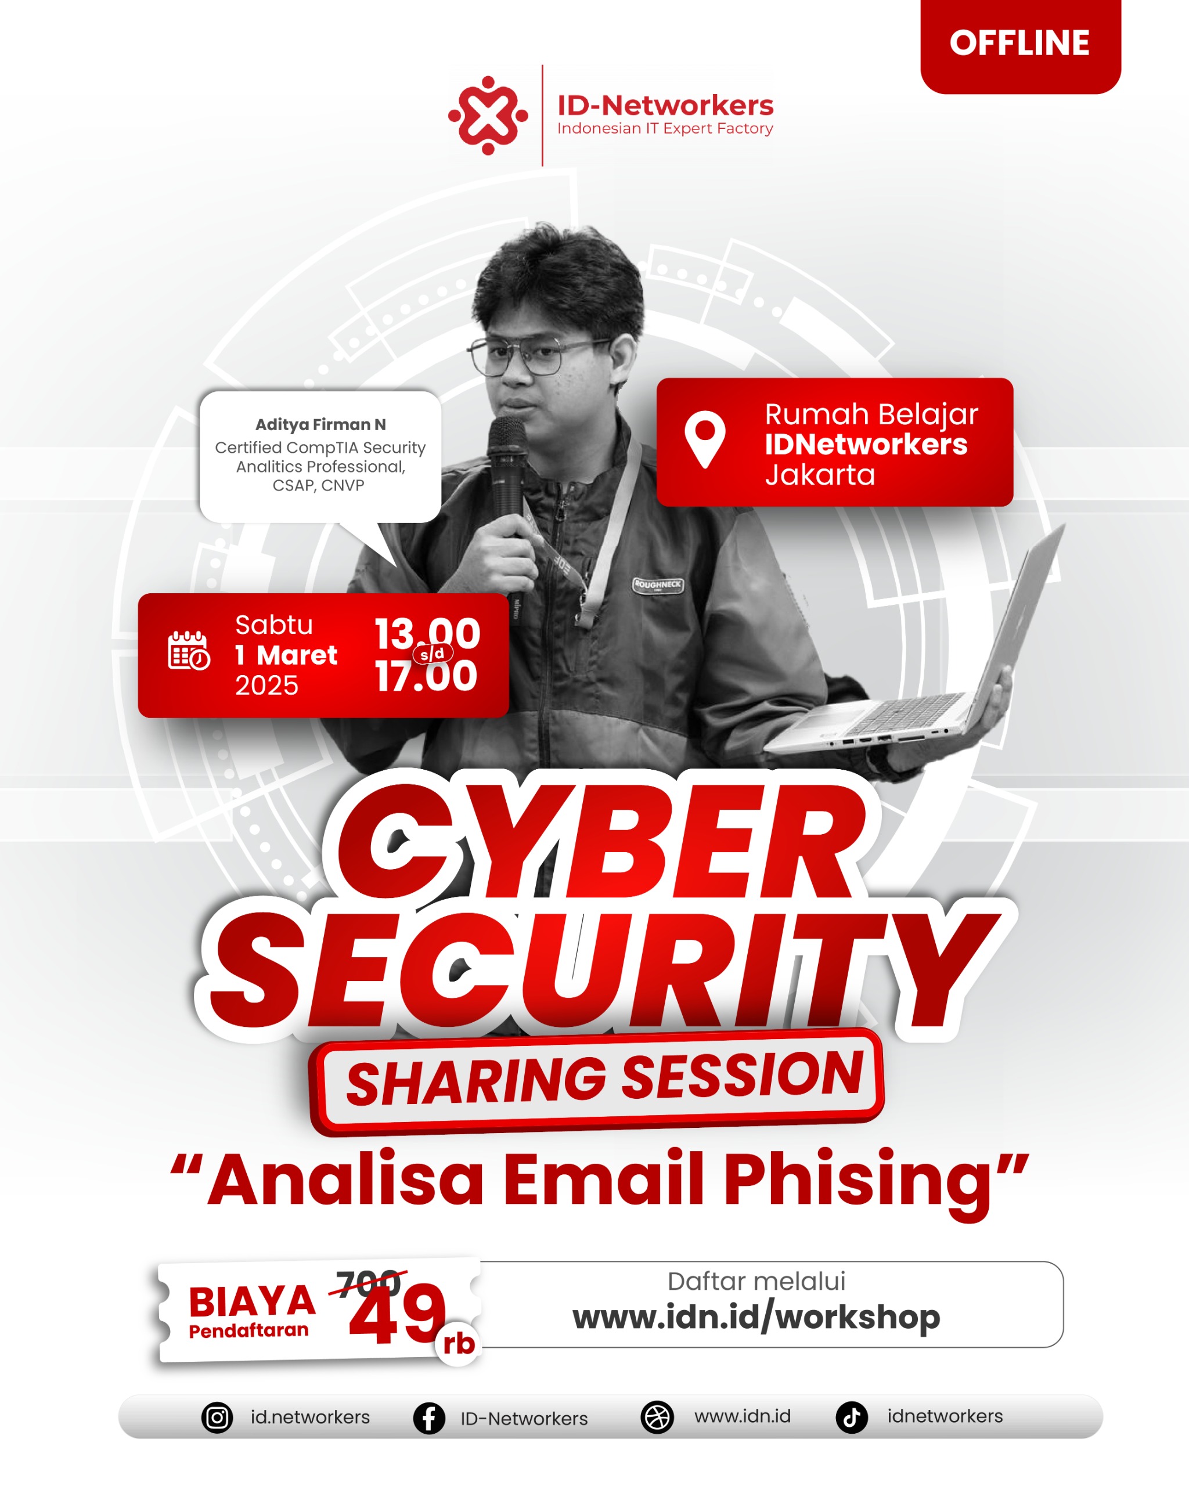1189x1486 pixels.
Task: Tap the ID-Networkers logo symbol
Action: pyautogui.click(x=488, y=115)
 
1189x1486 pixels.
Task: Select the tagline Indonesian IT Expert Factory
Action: pyautogui.click(x=665, y=129)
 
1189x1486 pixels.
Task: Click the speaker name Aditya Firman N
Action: pyautogui.click(x=320, y=424)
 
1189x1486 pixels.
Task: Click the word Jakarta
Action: pyautogui.click(x=820, y=475)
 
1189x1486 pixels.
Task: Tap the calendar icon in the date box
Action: pyautogui.click(x=189, y=650)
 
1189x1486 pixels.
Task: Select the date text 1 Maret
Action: pyautogui.click(x=286, y=655)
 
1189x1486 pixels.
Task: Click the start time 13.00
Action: pyautogui.click(x=427, y=633)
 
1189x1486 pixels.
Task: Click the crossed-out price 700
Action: pyautogui.click(x=369, y=1283)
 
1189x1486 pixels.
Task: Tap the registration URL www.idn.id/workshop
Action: pyautogui.click(x=756, y=1317)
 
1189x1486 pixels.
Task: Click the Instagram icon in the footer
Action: pyautogui.click(x=217, y=1418)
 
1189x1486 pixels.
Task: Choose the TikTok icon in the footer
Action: pyautogui.click(x=852, y=1418)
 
